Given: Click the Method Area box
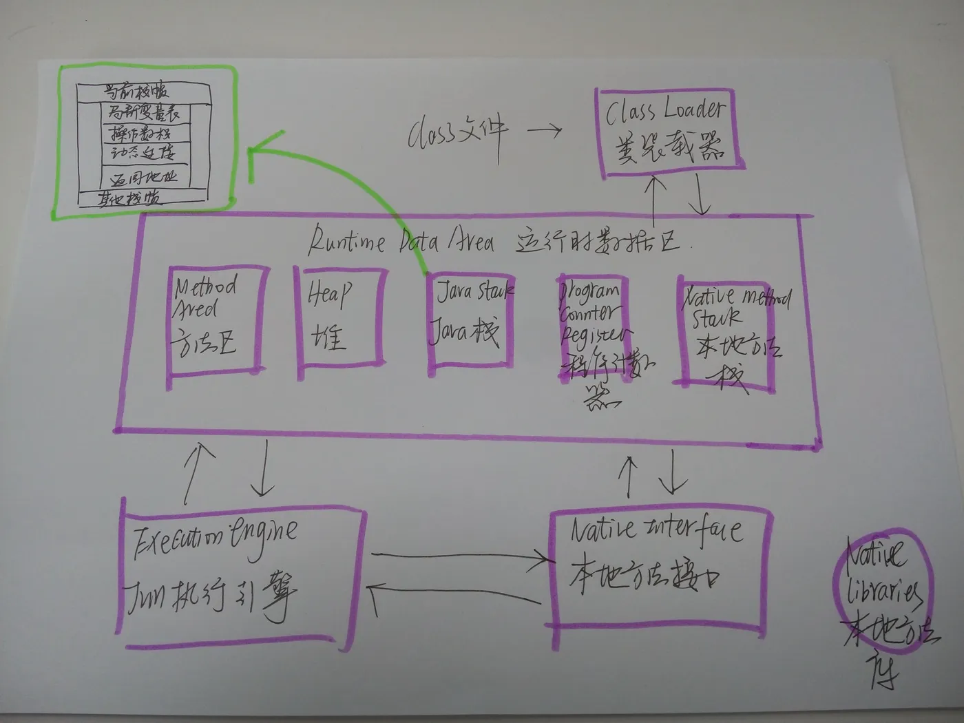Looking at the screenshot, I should tap(215, 320).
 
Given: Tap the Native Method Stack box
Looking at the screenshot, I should tap(726, 331).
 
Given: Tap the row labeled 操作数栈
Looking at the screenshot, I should tap(141, 132).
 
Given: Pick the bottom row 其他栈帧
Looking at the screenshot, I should tap(131, 199).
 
